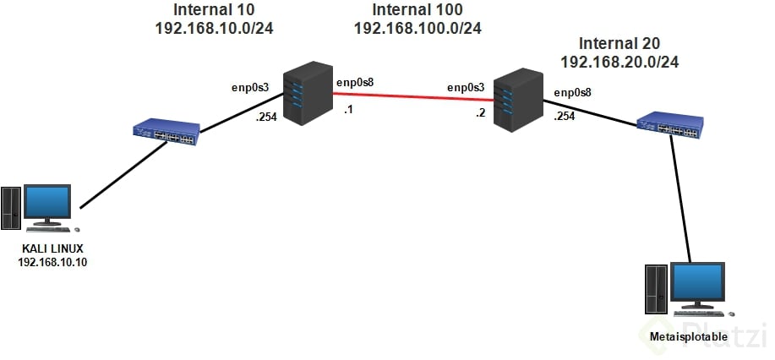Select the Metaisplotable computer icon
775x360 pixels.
(x=685, y=292)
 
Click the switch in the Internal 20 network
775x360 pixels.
(x=670, y=124)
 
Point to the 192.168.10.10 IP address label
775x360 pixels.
(x=52, y=262)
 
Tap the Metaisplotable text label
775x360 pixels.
(x=685, y=337)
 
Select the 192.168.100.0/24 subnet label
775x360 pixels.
(x=418, y=28)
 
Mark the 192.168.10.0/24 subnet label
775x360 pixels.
(x=216, y=28)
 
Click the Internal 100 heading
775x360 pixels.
(x=418, y=11)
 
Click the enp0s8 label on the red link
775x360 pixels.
(x=356, y=82)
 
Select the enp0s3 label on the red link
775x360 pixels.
(x=466, y=86)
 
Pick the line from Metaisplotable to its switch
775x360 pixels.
(x=684, y=197)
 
